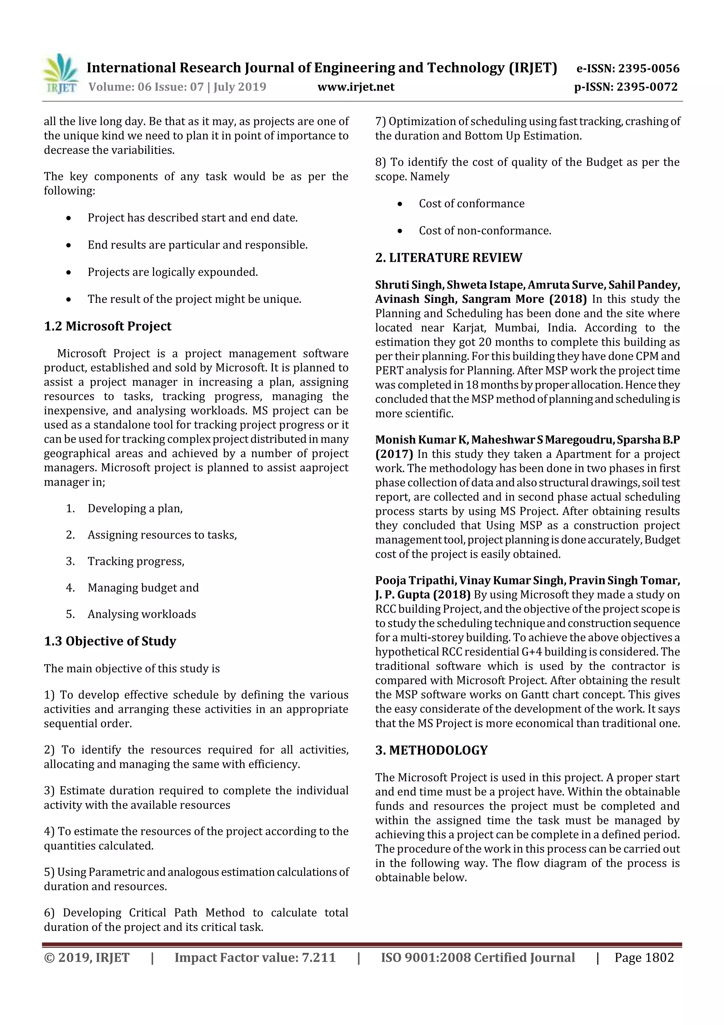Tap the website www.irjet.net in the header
[x=356, y=87]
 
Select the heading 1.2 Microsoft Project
[x=107, y=326]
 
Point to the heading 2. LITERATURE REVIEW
[x=448, y=258]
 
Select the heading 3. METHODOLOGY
[x=431, y=750]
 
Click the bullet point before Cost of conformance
[x=400, y=204]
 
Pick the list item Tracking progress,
[x=136, y=561]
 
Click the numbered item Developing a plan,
[x=135, y=508]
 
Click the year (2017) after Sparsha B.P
[x=394, y=454]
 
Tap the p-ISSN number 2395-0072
[x=647, y=87]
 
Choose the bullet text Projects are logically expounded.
[x=173, y=272]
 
